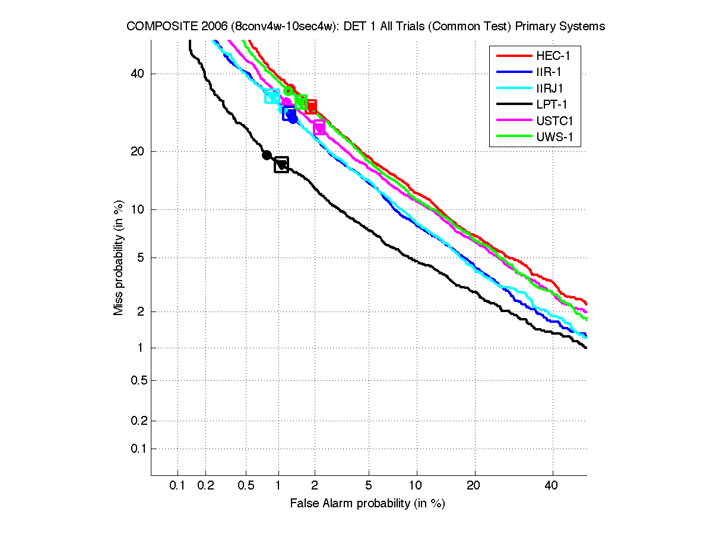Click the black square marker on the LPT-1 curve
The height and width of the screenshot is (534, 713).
[281, 164]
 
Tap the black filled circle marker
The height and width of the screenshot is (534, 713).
[267, 155]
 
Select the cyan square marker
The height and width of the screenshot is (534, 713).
[272, 96]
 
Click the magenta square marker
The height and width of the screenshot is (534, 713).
[319, 127]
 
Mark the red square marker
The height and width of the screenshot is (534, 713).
[309, 107]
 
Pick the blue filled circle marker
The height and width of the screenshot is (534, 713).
[293, 119]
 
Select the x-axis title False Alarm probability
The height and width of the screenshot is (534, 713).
[367, 503]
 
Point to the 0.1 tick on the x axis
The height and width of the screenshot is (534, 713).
[178, 486]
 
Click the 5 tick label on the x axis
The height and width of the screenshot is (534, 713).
[369, 486]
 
